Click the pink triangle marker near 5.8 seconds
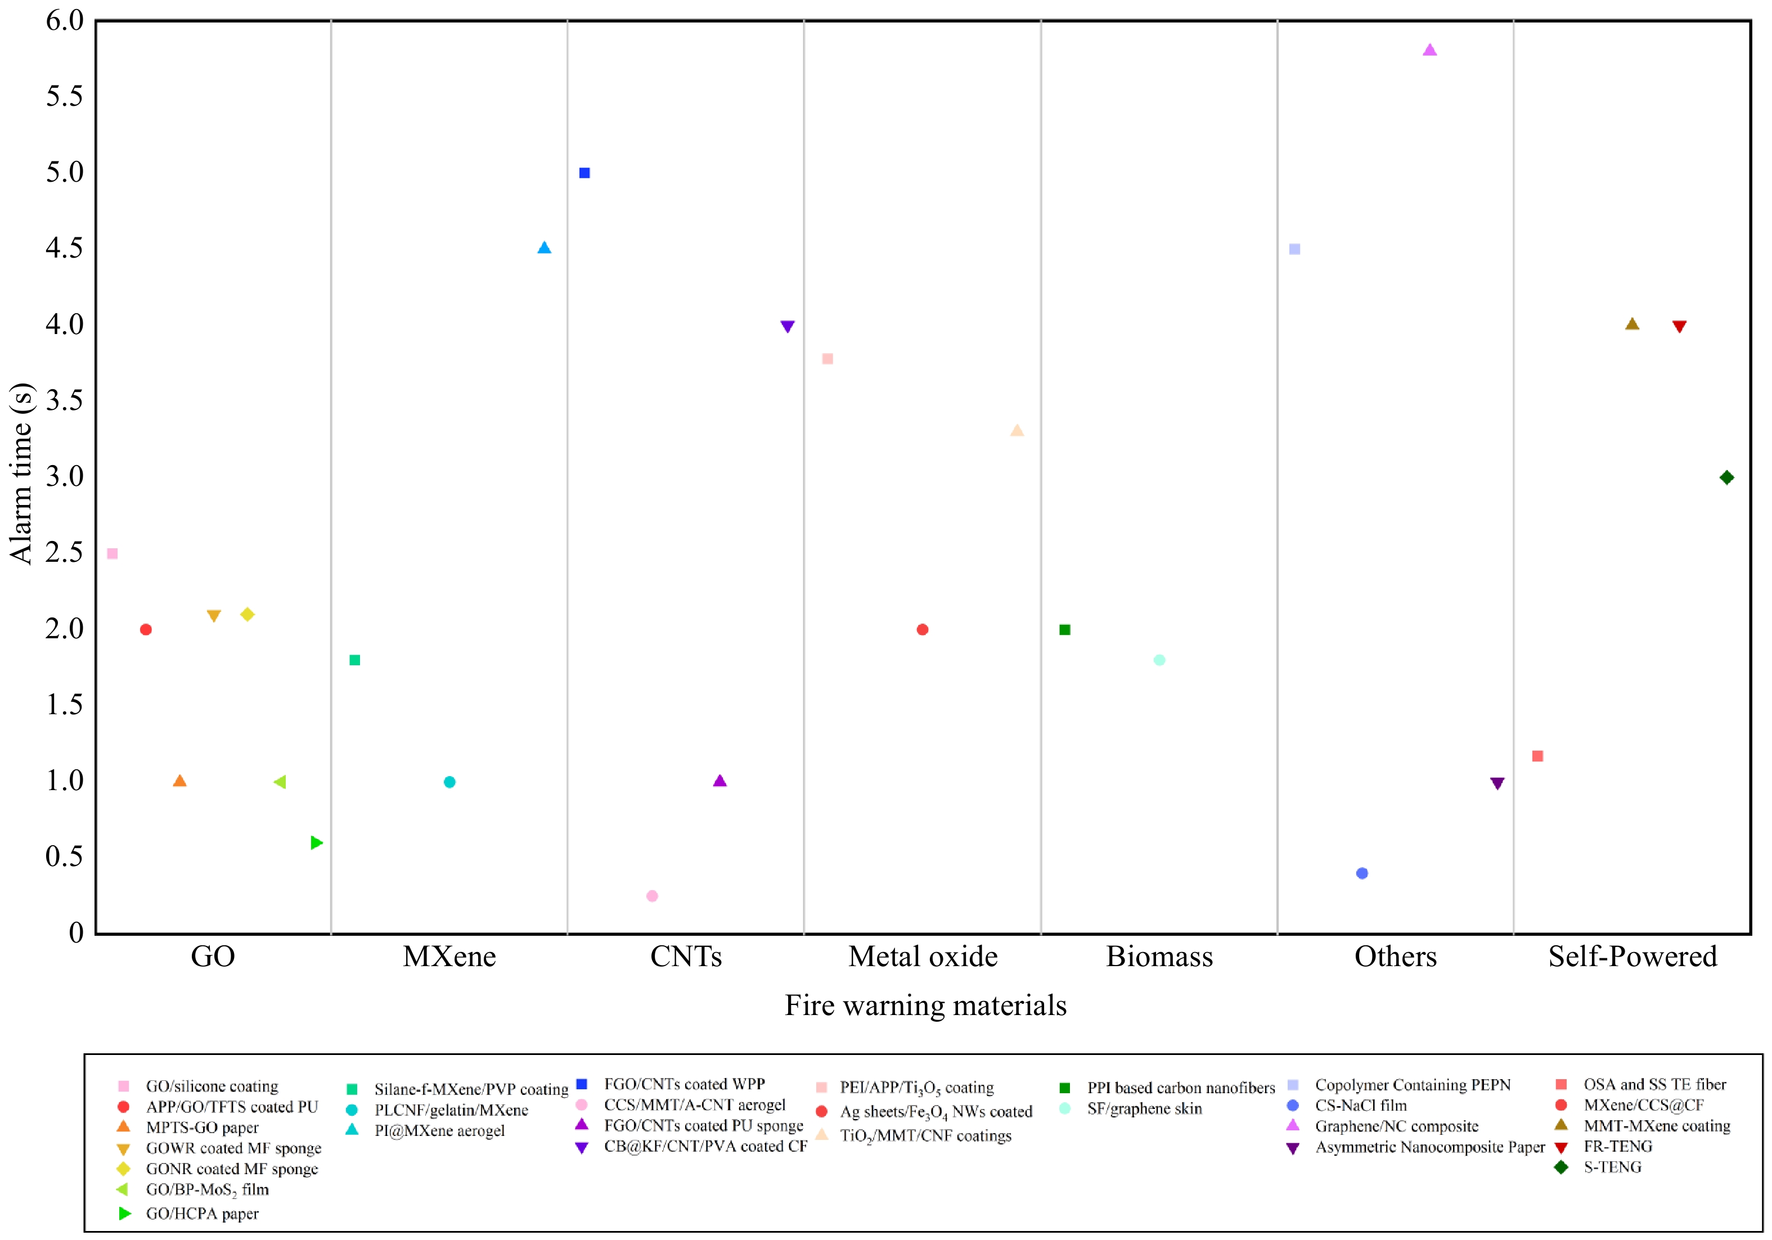tap(1429, 50)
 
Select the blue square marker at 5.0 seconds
tap(584, 173)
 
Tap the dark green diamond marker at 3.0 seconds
tap(1727, 477)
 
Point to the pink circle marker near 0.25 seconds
tap(652, 896)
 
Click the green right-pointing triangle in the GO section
tap(316, 842)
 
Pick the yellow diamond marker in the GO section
tap(247, 614)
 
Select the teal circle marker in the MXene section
tap(449, 782)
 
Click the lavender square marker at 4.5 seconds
tap(1295, 249)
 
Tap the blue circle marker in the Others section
tap(1362, 873)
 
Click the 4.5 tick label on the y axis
tap(64, 249)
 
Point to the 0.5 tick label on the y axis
tap(64, 856)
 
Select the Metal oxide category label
tap(923, 957)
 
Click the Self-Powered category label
tap(1632, 957)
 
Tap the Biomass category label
tap(1159, 957)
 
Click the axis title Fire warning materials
tap(925, 1005)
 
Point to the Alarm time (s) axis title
tap(21, 474)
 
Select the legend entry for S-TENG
tap(1612, 1167)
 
